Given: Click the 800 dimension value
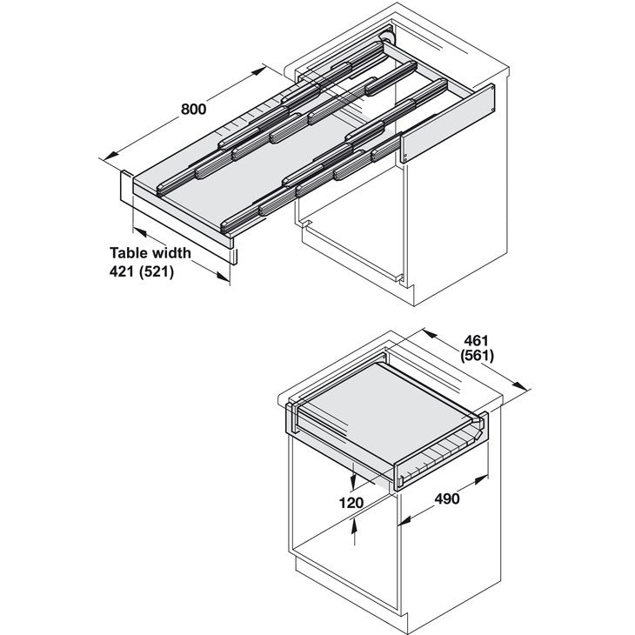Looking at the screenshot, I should [192, 110].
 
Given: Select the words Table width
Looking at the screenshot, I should [150, 253].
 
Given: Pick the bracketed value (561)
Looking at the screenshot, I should [477, 356].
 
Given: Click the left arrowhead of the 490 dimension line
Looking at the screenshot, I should [401, 524].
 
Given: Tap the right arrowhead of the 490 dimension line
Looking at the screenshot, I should [485, 478].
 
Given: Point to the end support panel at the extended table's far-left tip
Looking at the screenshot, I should [124, 186].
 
